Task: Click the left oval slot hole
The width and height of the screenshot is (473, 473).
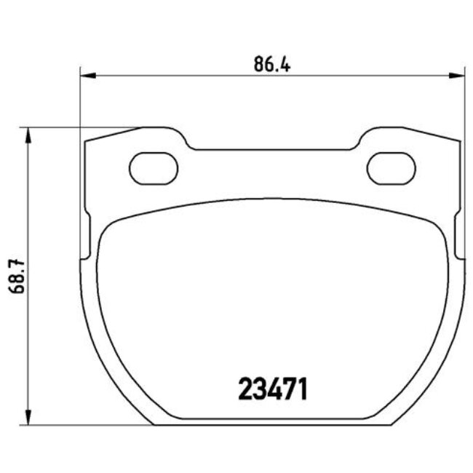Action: pyautogui.click(x=154, y=168)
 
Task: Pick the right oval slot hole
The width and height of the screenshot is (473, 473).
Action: pyautogui.click(x=390, y=168)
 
